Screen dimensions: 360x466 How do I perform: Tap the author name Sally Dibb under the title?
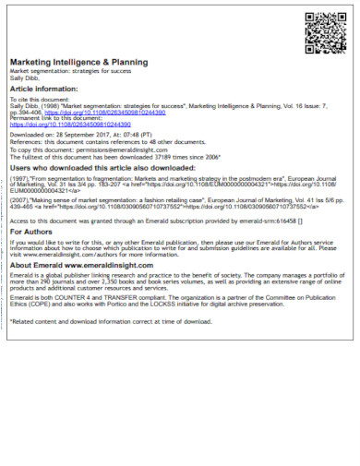pyautogui.click(x=25, y=79)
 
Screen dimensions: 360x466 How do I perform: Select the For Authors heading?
pyautogui.click(x=31, y=232)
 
